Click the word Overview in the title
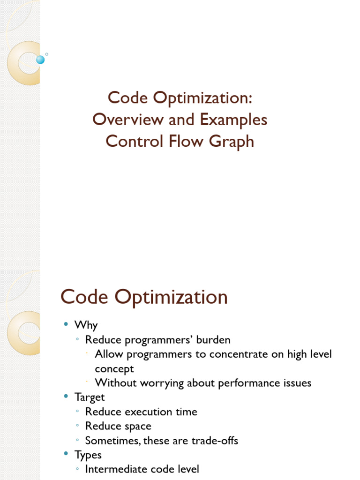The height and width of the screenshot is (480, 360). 128,119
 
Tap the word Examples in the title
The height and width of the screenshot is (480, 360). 233,120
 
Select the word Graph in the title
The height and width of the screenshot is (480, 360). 232,142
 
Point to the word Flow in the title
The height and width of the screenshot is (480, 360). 186,141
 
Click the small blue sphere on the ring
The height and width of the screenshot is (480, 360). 40,60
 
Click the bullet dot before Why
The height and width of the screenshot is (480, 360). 66,324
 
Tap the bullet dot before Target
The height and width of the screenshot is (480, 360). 66,396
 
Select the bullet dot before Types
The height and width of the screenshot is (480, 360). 66,453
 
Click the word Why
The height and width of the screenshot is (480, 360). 86,325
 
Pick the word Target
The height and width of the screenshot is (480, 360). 90,397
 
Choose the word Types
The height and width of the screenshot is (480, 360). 88,455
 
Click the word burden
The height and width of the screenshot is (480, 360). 213,340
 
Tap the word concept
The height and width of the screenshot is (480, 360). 114,369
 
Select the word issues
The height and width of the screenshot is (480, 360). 297,383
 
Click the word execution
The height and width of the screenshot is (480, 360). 149,412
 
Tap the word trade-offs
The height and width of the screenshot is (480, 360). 215,441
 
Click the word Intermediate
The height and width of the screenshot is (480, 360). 117,469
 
